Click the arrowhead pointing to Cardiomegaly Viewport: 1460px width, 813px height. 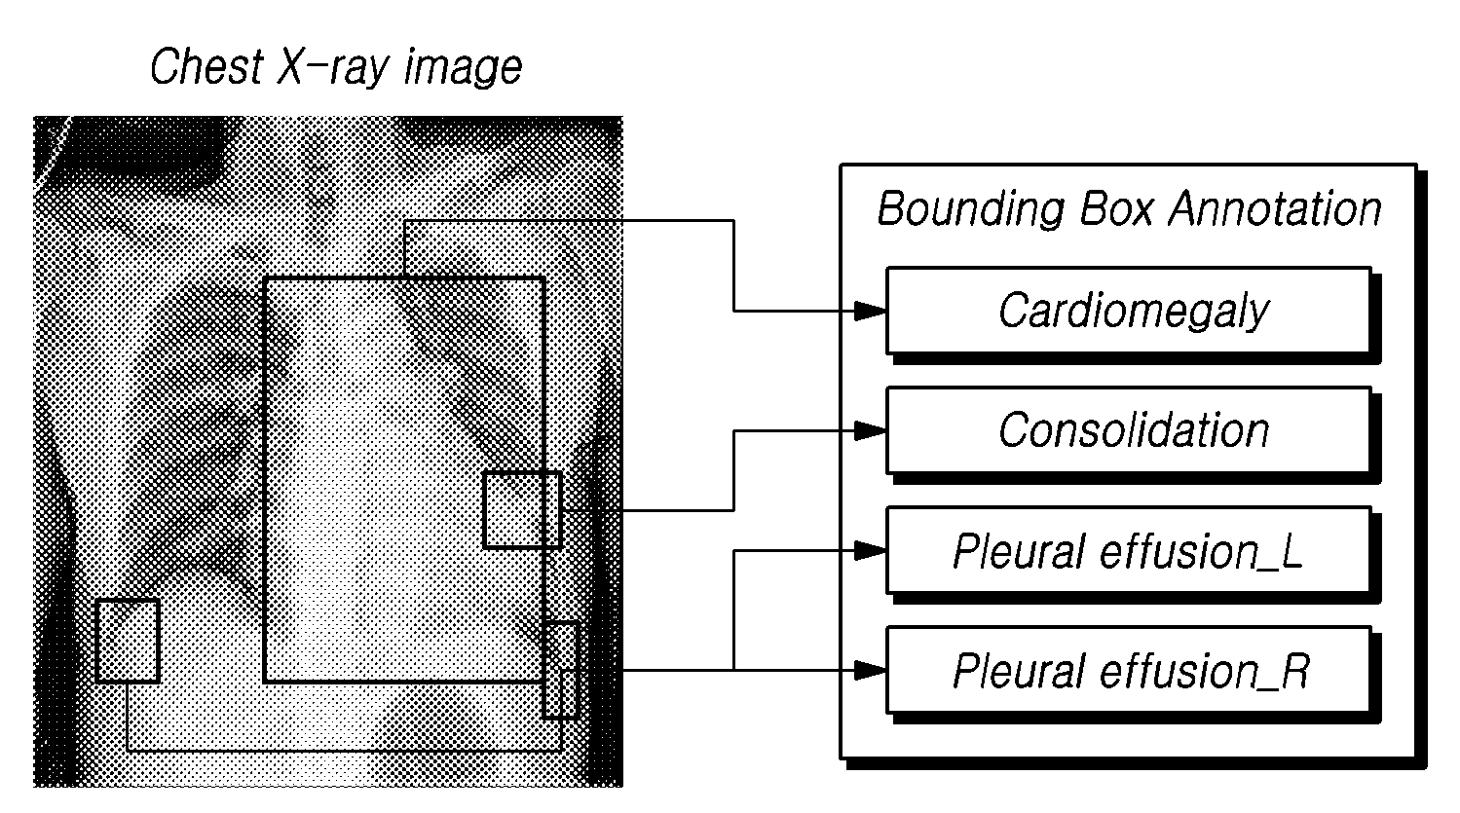tap(870, 311)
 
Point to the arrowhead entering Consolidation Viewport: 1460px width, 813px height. tap(870, 430)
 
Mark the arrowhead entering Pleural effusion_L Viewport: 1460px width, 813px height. tap(870, 550)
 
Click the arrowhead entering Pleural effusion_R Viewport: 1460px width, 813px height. tap(870, 670)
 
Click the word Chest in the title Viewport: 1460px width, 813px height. tap(206, 66)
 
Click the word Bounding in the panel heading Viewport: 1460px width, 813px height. tap(970, 210)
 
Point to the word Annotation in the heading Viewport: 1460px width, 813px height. tap(1275, 208)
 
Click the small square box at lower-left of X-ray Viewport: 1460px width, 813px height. tap(128, 641)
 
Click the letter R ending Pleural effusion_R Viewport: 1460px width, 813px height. tap(1295, 670)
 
